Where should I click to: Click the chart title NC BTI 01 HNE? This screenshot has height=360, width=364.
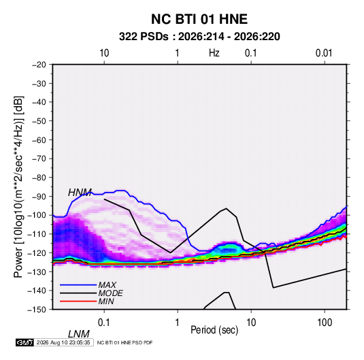[x=199, y=19]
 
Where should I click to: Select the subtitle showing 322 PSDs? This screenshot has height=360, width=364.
[x=199, y=37]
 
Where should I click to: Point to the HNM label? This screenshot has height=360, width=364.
[x=80, y=193]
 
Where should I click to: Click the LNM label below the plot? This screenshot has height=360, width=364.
[x=78, y=334]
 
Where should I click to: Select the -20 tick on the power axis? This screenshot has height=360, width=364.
[x=39, y=65]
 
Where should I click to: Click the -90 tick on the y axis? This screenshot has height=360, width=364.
[x=39, y=197]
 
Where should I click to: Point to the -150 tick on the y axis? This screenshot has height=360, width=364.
[x=37, y=310]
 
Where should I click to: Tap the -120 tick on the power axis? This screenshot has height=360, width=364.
[x=37, y=253]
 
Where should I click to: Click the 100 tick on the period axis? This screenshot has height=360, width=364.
[x=325, y=323]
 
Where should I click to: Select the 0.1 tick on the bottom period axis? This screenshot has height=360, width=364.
[x=104, y=323]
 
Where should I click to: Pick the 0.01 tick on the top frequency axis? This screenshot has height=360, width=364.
[x=324, y=53]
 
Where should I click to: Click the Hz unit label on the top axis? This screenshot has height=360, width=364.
[x=214, y=53]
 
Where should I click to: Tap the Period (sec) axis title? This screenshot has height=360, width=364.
[x=214, y=330]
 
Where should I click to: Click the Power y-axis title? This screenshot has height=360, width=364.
[x=18, y=186]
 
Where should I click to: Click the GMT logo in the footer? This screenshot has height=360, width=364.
[x=24, y=342]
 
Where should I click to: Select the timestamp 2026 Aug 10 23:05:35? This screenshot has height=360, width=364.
[x=63, y=342]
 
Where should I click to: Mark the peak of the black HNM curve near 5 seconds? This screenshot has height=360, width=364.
[x=226, y=208]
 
